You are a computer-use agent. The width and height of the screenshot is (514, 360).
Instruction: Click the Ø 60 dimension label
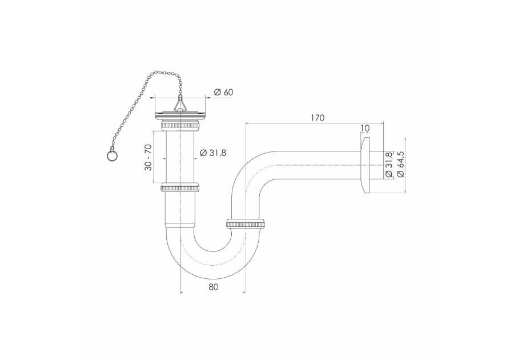(223, 92)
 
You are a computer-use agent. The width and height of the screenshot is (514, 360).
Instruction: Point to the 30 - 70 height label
(148, 158)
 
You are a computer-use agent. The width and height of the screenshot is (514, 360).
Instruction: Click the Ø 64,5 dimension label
(400, 165)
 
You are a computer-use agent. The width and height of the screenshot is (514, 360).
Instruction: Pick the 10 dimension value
(364, 128)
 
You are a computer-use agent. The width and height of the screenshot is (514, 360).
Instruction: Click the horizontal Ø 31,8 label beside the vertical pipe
(213, 153)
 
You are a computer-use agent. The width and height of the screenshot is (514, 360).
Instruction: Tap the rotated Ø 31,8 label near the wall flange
(388, 165)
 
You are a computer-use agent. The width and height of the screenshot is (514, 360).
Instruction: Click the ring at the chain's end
(111, 157)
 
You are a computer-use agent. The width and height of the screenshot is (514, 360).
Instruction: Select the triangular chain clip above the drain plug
(180, 103)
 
